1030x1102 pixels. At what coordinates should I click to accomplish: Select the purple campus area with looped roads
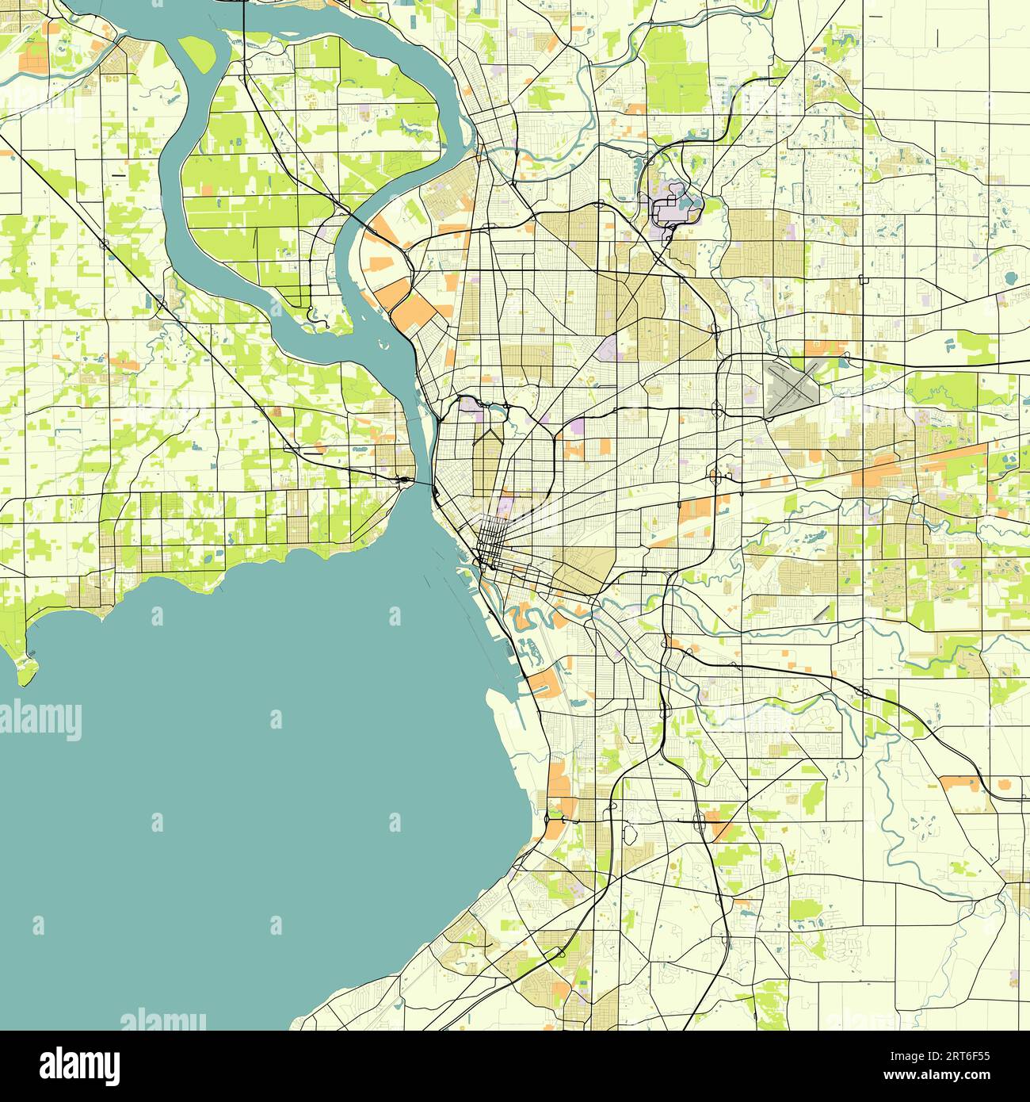(673, 205)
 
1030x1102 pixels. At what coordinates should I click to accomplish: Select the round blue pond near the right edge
(1010, 278)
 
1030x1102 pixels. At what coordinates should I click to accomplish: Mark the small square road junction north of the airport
(863, 279)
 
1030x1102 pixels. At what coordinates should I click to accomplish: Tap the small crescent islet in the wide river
(383, 346)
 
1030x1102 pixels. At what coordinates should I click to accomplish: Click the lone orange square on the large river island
(207, 189)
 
